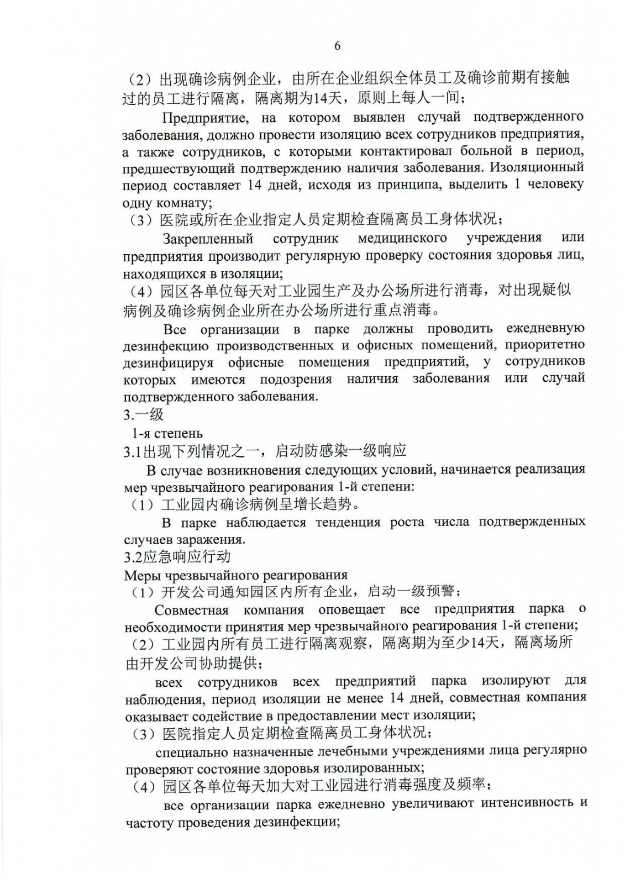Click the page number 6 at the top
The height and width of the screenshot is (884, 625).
click(337, 46)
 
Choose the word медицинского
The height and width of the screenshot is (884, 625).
click(402, 238)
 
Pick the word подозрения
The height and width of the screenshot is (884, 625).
click(296, 379)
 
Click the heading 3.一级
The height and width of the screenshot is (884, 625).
click(143, 414)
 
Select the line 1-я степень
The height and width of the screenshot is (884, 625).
click(167, 433)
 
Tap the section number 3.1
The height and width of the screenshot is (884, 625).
click(133, 451)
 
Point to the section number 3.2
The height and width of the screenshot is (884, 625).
click(133, 556)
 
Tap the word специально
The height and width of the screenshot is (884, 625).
click(193, 751)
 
